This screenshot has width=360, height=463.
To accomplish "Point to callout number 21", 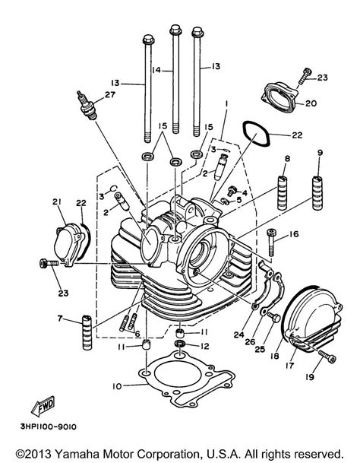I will [55, 201].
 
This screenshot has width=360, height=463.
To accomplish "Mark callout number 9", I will [319, 153].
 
